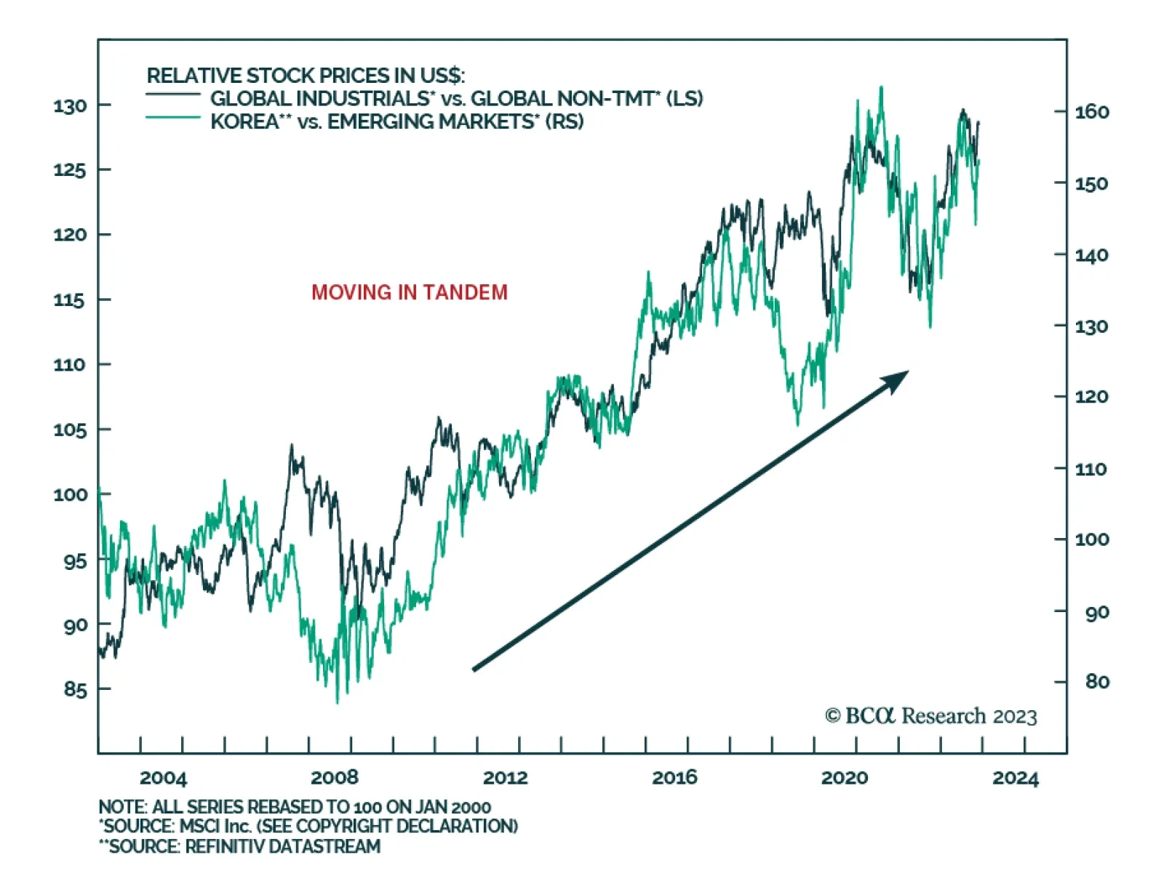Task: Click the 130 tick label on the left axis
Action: tap(70, 106)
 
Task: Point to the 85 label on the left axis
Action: tap(75, 689)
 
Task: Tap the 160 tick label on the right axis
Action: tap(1092, 112)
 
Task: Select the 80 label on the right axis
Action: tap(1097, 682)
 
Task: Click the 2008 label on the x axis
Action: tap(334, 778)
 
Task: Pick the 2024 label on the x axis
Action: tap(1016, 778)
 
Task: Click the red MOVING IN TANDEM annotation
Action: tap(410, 292)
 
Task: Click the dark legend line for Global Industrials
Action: tap(172, 95)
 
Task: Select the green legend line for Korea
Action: tap(172, 117)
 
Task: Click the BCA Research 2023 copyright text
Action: tap(930, 716)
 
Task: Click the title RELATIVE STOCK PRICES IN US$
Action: tap(306, 76)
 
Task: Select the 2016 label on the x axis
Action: tap(674, 778)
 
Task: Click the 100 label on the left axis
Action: tap(70, 495)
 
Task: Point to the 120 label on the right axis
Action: tap(1092, 397)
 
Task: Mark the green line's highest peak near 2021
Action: tap(882, 88)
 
